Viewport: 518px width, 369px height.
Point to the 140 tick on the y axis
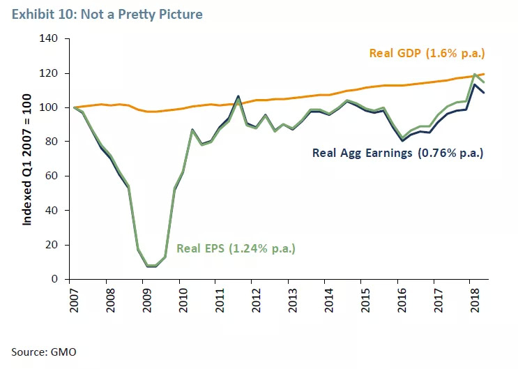point(56,39)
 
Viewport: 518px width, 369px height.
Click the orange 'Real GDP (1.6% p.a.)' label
point(427,53)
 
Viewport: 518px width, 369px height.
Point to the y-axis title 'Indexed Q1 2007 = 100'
point(27,160)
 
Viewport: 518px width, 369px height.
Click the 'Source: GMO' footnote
point(43,352)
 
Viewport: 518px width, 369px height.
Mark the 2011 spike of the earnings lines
point(238,97)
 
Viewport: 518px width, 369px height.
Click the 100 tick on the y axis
point(56,107)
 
